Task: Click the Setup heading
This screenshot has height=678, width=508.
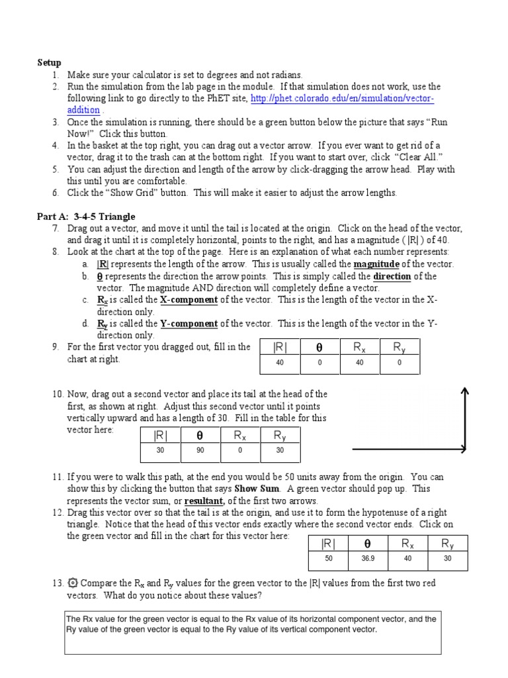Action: coord(49,63)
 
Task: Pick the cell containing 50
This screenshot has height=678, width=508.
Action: coord(328,559)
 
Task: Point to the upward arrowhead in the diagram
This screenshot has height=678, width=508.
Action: coord(466,393)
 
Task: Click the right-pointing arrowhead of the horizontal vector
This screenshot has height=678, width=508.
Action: coord(461,450)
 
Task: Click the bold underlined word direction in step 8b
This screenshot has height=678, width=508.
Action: coord(392,276)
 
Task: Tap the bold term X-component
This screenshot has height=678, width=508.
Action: coord(189,300)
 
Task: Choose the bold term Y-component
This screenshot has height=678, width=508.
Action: coord(189,324)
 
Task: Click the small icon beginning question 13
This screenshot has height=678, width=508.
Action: coord(72,583)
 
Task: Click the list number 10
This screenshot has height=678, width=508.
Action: coord(57,394)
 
